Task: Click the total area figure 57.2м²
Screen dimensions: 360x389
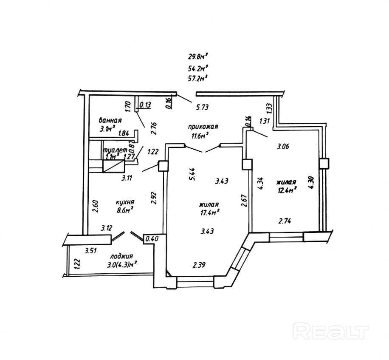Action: pyautogui.click(x=197, y=78)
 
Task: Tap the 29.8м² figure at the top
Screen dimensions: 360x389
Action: pyautogui.click(x=197, y=56)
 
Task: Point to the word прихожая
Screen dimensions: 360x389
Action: pyautogui.click(x=203, y=127)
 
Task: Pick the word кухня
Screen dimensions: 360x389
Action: pyautogui.click(x=126, y=202)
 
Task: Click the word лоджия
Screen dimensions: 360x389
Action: pyautogui.click(x=122, y=256)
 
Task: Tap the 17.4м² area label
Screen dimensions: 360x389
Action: pyautogui.click(x=210, y=211)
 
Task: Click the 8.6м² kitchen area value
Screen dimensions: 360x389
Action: pyautogui.click(x=126, y=210)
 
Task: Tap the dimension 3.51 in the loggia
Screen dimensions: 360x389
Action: pyautogui.click(x=90, y=251)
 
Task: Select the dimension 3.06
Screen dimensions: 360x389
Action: pyautogui.click(x=283, y=147)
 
